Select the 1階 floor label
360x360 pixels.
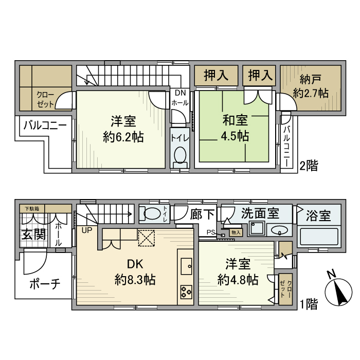(x=309, y=304)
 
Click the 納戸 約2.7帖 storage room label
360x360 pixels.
(x=311, y=86)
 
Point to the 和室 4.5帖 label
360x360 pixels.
(x=236, y=128)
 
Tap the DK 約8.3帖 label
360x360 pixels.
(x=135, y=272)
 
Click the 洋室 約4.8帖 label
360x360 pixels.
(x=238, y=272)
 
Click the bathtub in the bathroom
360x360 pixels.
(x=319, y=238)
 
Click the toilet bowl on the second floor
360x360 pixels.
(x=180, y=155)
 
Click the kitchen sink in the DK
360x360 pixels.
(x=186, y=265)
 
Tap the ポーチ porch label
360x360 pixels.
(x=45, y=283)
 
